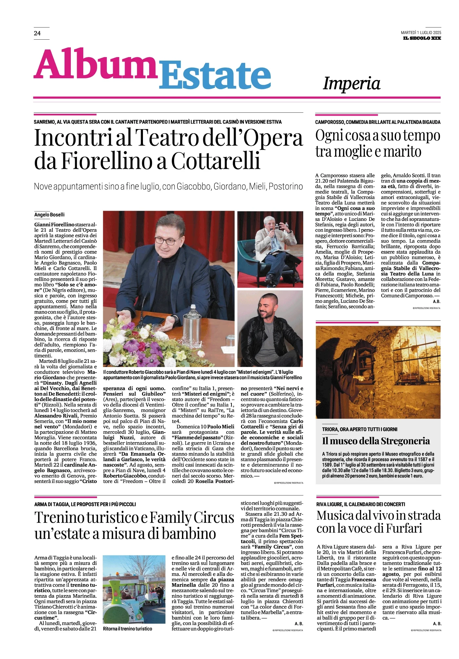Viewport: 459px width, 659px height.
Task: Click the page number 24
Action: [x=37, y=33]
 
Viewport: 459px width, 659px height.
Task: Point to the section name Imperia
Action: [x=351, y=83]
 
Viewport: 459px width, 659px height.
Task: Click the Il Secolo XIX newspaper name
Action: [x=422, y=38]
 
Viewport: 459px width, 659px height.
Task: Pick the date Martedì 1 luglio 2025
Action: [x=421, y=32]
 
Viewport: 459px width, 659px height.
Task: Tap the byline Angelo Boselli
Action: [x=50, y=215]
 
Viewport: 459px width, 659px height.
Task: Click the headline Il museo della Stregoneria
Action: [x=376, y=441]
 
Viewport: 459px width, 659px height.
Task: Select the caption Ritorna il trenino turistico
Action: [x=128, y=629]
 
